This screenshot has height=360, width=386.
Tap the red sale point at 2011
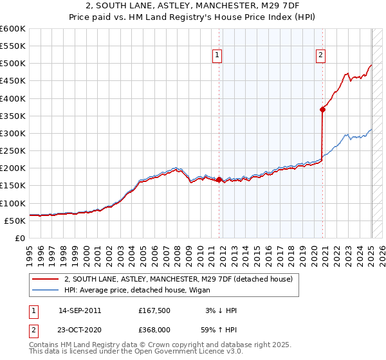point(219,180)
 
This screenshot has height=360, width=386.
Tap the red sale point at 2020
point(323,110)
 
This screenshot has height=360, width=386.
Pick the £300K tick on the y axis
point(13,133)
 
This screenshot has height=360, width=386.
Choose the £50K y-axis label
point(15,221)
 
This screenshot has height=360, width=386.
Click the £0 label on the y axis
point(19,238)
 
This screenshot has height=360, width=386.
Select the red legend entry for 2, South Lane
point(178,279)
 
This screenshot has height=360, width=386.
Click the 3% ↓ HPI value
point(222,310)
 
